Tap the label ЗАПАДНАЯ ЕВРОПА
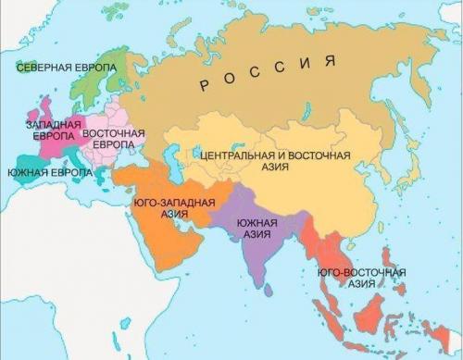[x=45, y=130]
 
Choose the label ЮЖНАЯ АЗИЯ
[x=254, y=228]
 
